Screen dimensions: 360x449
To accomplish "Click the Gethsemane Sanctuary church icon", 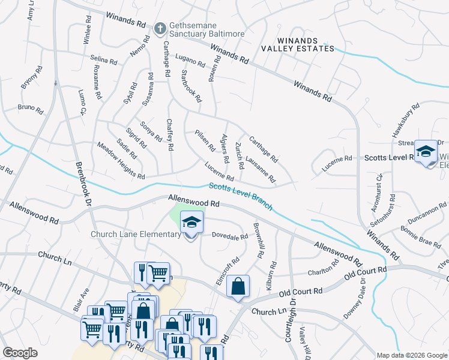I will pos(160,28).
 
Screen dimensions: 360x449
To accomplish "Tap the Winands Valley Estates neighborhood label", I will pos(298,43).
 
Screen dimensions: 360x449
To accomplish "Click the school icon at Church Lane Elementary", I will pos(191,223).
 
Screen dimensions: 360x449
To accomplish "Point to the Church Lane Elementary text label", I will pos(136,234).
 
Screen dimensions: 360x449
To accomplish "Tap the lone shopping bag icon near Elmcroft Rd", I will pos(238,287).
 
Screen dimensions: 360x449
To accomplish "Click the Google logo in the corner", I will pos(20,353).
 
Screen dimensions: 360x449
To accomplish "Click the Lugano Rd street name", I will pos(190,59).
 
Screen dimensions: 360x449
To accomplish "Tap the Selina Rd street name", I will pos(103,60).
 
